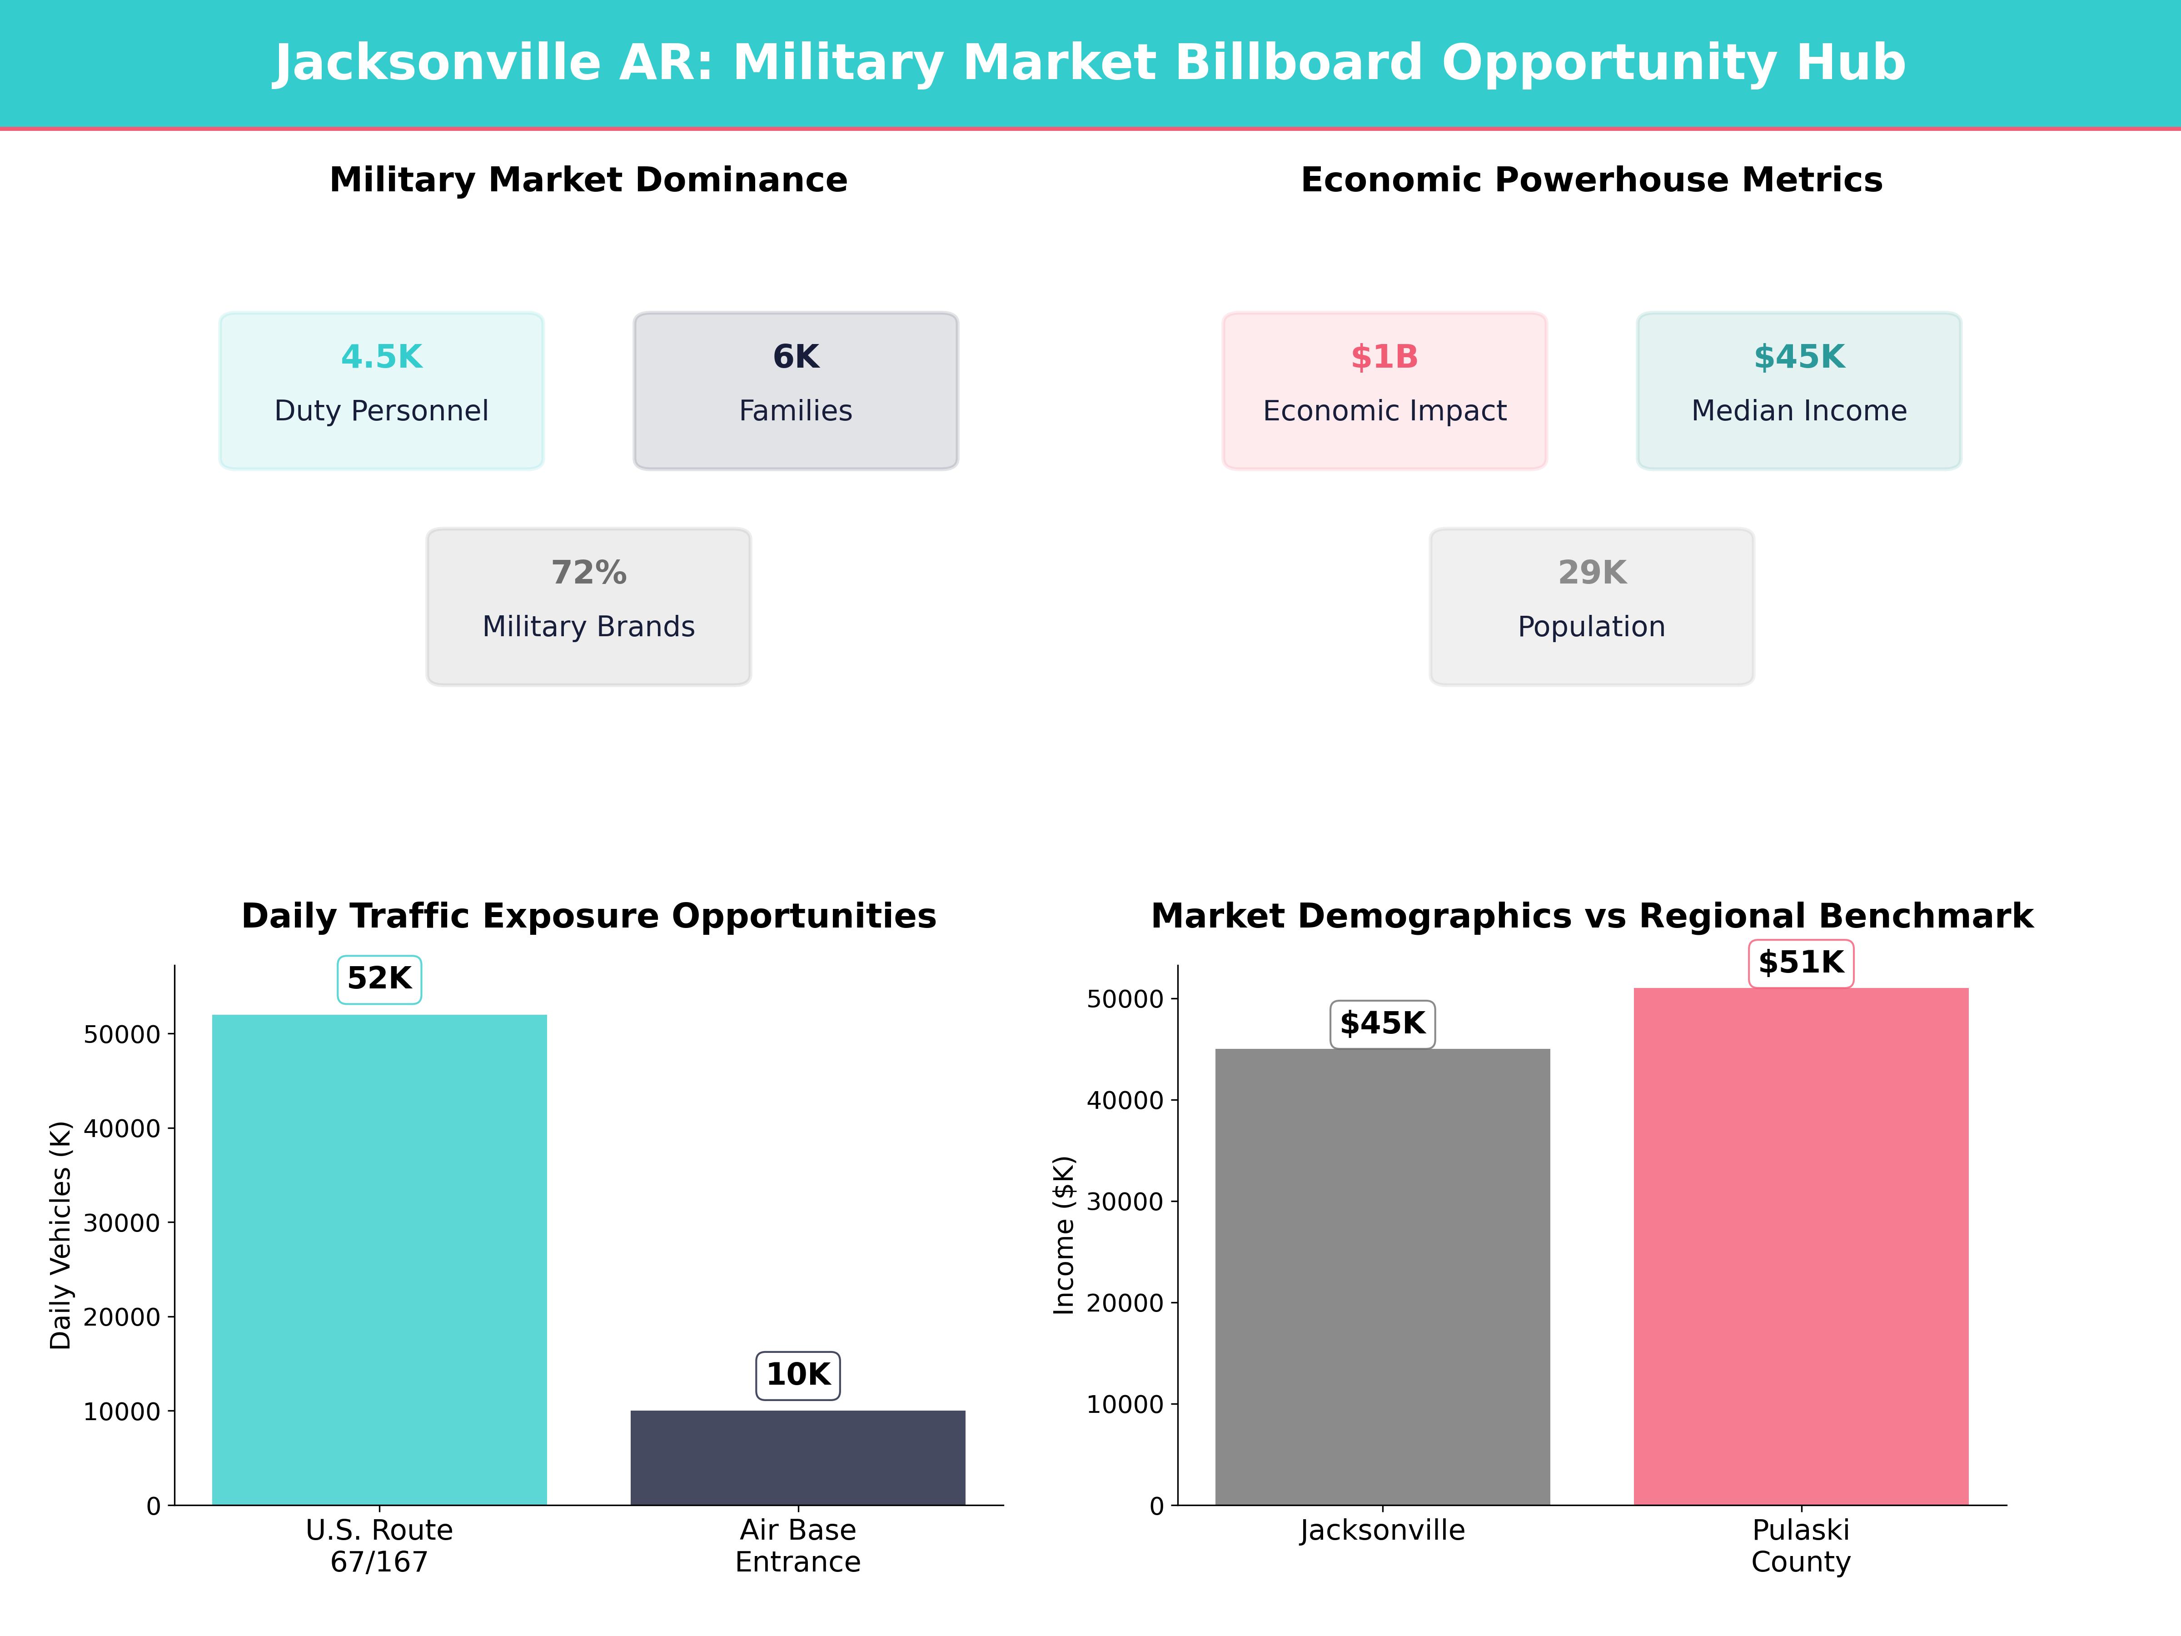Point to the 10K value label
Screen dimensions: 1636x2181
pos(798,1375)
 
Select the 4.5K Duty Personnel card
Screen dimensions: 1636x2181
pos(382,390)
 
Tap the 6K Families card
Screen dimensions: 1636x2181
pos(796,390)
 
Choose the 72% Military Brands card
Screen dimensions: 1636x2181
pos(588,607)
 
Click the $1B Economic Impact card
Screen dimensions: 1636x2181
pos(1384,390)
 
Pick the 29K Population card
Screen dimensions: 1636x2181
pos(1591,607)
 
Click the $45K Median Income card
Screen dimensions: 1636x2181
pos(1798,390)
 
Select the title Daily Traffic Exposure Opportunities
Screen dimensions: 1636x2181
pos(588,916)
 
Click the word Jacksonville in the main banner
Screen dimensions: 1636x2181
pos(437,63)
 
